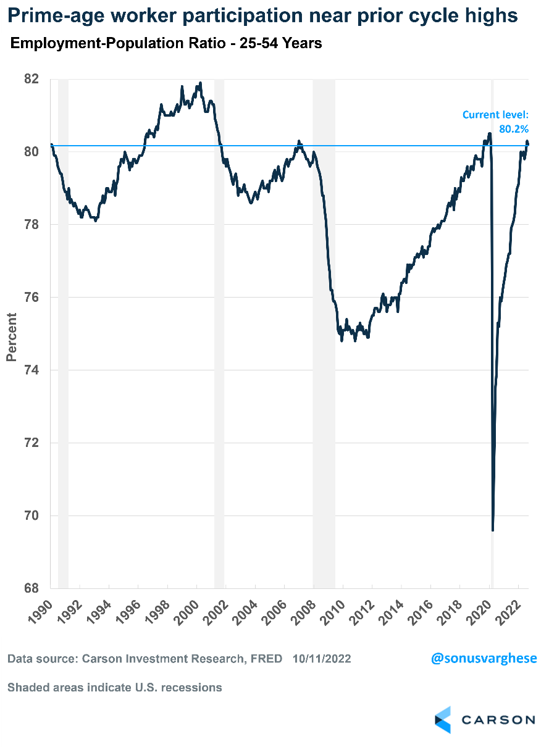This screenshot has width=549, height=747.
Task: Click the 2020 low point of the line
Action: click(492, 530)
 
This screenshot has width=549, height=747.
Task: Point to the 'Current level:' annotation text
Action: click(496, 115)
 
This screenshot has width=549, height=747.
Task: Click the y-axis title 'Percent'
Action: click(11, 337)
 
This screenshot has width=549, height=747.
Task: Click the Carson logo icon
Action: click(443, 720)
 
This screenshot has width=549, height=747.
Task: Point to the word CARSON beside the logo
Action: click(499, 720)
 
